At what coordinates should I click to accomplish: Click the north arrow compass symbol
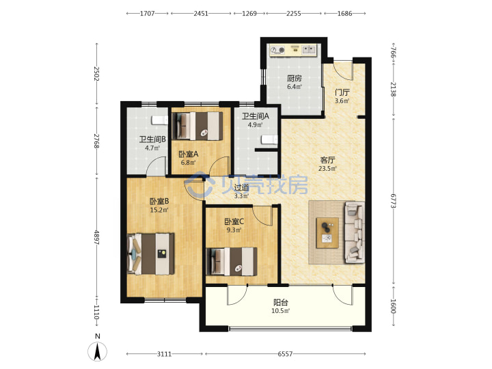coord(98,351)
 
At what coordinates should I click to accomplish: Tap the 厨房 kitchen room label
coord(295,78)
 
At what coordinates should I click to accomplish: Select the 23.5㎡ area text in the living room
coord(327,169)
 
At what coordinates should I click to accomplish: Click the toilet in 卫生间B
coord(160,120)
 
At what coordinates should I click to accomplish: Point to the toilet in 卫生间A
coord(269,139)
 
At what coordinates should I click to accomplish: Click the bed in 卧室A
coord(197,126)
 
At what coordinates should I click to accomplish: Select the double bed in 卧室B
coord(151,254)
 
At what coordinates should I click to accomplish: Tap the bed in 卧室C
coord(232,261)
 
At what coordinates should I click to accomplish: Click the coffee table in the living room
coord(327,233)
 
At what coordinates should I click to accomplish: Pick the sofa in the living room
coord(355,232)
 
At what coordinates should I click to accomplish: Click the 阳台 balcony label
coord(281,303)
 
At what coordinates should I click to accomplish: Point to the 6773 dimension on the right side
coord(394,200)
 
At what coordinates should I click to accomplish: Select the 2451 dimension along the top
coord(201,14)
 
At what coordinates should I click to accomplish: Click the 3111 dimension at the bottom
coord(164,354)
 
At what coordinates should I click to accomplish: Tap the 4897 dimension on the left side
coord(96,238)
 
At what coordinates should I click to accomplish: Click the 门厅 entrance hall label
coord(342,92)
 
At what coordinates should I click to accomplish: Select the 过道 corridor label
coord(242,188)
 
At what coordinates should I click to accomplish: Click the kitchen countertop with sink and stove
coord(293,50)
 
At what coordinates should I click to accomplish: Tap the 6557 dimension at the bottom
coord(285,354)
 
